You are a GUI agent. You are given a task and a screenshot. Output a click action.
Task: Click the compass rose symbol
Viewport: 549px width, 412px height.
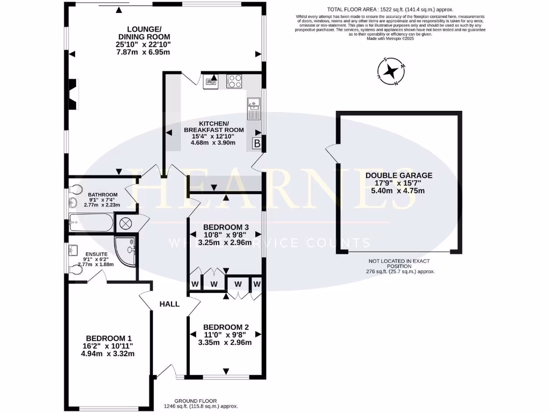point(392,72)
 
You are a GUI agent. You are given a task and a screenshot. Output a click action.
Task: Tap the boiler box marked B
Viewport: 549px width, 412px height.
point(257,143)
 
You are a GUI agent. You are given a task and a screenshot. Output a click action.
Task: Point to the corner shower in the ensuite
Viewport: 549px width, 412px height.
point(127,251)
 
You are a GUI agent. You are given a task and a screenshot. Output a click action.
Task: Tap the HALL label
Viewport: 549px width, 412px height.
point(169,304)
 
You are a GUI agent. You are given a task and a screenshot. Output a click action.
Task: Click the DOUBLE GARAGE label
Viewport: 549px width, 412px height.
point(398,175)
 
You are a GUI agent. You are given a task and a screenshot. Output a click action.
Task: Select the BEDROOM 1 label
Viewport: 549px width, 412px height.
point(109,338)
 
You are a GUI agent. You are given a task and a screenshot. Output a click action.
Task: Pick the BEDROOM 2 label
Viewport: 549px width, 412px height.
point(226,327)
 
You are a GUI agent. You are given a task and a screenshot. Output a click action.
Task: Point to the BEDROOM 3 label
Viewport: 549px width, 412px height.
point(226,227)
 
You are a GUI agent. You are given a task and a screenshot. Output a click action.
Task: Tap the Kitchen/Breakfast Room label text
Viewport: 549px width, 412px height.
point(213,127)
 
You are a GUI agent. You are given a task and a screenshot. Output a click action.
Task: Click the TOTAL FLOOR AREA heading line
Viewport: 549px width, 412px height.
point(383,10)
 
